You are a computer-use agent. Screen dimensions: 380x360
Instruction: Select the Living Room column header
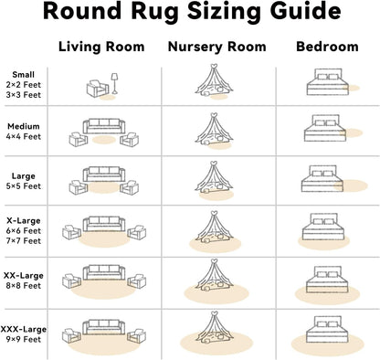(101, 47)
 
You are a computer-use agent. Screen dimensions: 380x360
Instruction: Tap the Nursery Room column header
(217, 47)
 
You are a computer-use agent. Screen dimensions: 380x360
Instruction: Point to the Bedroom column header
(327, 47)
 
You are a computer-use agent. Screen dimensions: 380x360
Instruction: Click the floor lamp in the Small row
(114, 83)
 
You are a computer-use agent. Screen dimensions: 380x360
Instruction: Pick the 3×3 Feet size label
(24, 95)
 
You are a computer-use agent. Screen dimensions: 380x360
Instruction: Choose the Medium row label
(24, 126)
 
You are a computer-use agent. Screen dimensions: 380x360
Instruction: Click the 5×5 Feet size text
(24, 185)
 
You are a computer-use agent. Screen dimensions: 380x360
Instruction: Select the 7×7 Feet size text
(24, 240)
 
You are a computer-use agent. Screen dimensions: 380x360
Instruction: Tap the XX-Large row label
(24, 275)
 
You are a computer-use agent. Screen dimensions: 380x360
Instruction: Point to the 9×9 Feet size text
(24, 339)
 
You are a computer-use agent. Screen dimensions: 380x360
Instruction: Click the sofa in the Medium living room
(104, 126)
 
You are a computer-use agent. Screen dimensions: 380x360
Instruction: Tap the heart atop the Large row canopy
(215, 164)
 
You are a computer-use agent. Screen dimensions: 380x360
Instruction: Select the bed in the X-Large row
(322, 227)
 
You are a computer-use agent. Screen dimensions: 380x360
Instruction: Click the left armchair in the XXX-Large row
(72, 335)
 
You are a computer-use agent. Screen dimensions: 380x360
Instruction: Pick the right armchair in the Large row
(130, 187)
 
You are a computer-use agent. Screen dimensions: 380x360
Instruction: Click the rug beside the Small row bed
(352, 88)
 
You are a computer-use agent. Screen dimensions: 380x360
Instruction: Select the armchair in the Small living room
(98, 89)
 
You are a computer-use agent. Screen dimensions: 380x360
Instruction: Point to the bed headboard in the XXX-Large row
(328, 322)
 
